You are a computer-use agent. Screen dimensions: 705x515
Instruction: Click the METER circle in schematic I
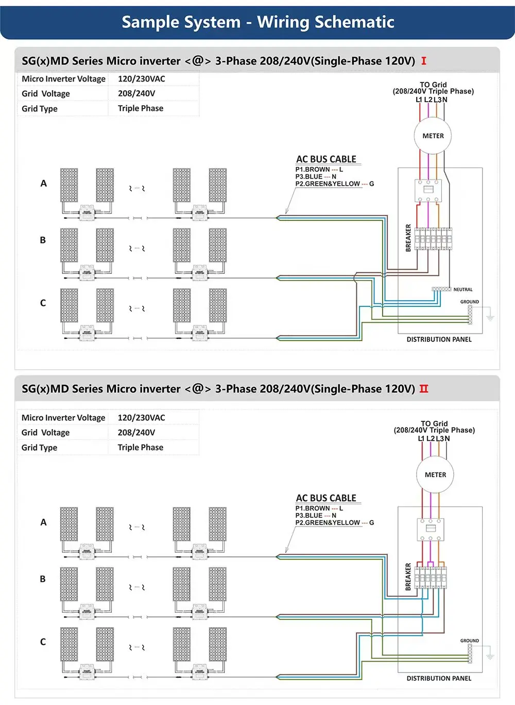pos(433,136)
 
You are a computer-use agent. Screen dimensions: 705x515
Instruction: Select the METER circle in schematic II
pos(435,474)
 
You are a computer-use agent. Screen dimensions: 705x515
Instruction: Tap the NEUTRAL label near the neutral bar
pos(462,289)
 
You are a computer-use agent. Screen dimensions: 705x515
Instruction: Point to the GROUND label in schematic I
pos(469,302)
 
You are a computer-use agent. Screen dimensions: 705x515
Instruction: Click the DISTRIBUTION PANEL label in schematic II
pos(439,678)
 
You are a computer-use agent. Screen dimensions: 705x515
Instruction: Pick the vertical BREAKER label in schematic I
pos(408,238)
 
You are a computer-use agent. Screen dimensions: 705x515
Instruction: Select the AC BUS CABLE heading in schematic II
pos(326,498)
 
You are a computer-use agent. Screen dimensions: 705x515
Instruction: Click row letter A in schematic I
pos(43,183)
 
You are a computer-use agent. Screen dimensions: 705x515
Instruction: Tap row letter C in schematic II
pos(43,642)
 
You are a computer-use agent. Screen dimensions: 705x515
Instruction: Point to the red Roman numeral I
pos(423,61)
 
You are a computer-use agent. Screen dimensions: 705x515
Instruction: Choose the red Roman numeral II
pos(423,389)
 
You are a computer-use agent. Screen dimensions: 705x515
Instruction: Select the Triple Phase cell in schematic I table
pos(141,108)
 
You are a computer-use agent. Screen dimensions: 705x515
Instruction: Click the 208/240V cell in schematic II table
pos(136,432)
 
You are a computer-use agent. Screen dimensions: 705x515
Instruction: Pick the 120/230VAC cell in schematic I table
pos(142,79)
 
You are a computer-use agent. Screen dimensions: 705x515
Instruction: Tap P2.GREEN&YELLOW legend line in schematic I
pos(334,184)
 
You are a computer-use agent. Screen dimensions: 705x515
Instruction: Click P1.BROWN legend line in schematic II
pos(319,508)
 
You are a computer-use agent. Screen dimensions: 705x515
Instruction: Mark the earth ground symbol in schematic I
pos(490,317)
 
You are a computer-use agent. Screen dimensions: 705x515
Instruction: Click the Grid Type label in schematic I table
pos(40,109)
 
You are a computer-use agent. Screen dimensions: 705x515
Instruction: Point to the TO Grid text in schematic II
pos(434,423)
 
